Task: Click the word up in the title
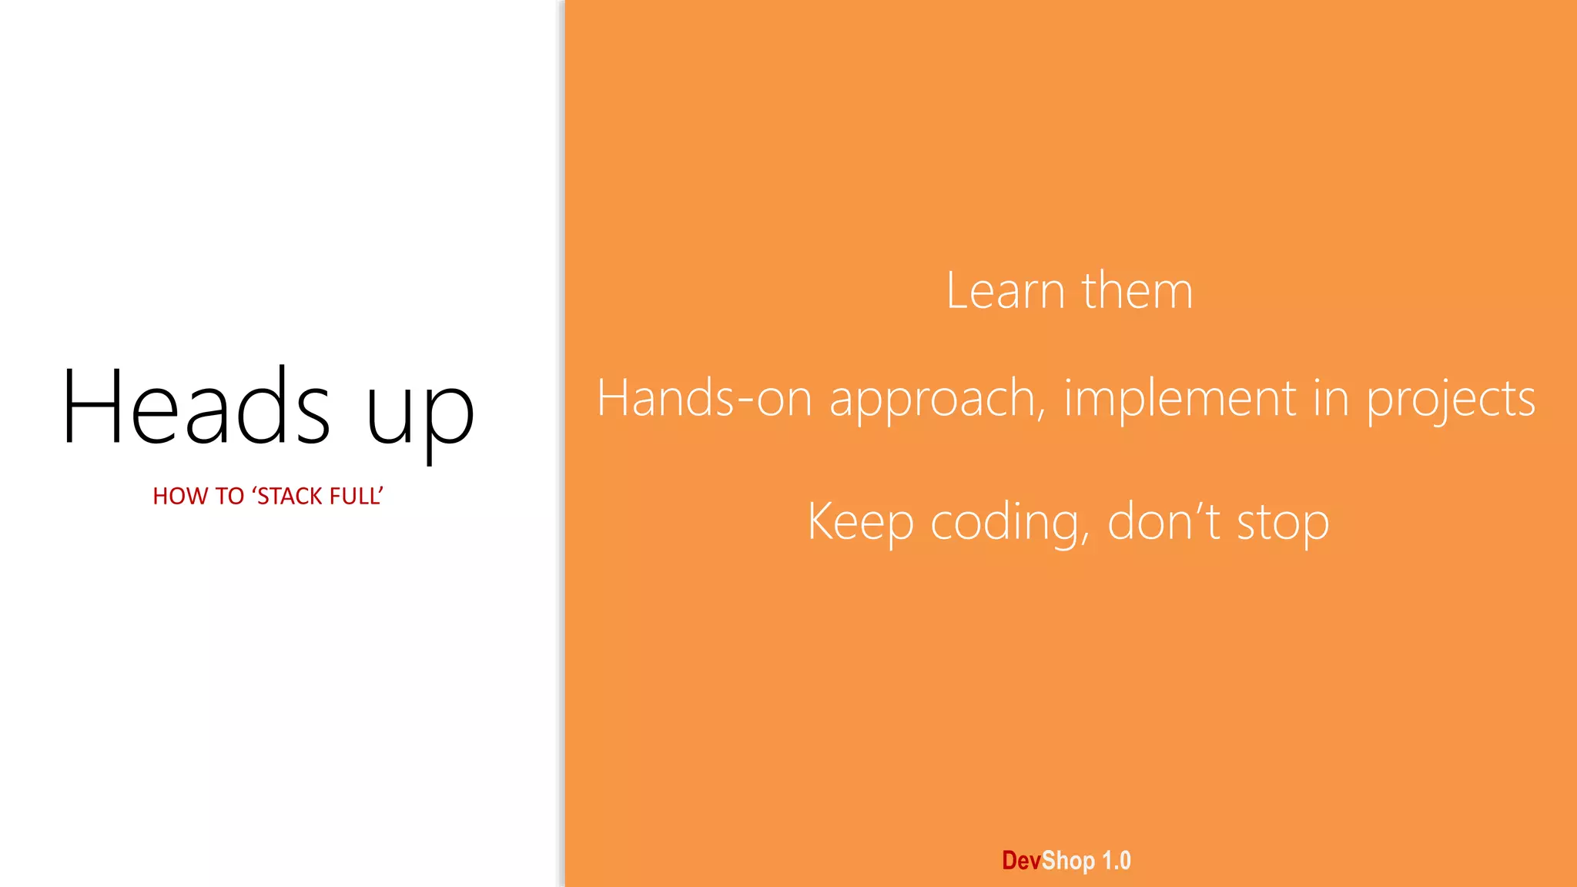(x=420, y=416)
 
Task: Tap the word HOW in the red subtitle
(x=176, y=497)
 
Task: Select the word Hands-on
(x=705, y=399)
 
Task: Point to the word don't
(x=1163, y=522)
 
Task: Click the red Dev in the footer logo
(x=1021, y=861)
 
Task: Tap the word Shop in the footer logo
(x=1068, y=861)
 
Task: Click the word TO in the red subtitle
(x=229, y=497)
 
